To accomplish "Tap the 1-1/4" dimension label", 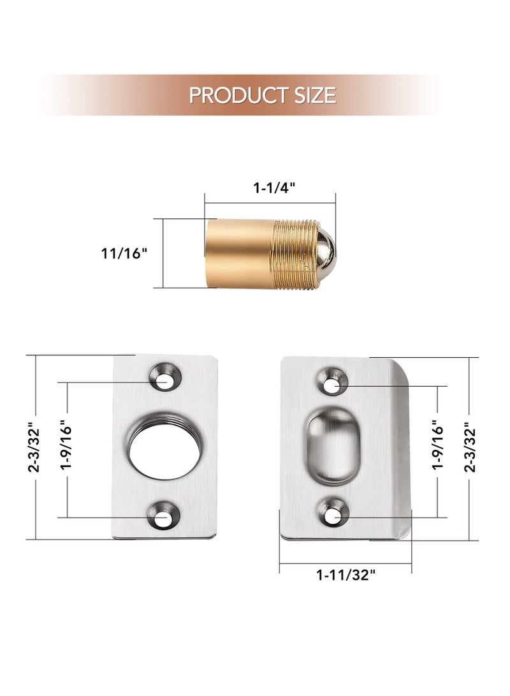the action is pos(274,188).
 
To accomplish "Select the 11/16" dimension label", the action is pos(124,253).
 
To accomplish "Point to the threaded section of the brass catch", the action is pos(295,255).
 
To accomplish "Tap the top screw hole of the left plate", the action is pos(165,377).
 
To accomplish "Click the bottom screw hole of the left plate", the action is pos(164,515).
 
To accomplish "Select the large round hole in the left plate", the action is pos(164,447).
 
